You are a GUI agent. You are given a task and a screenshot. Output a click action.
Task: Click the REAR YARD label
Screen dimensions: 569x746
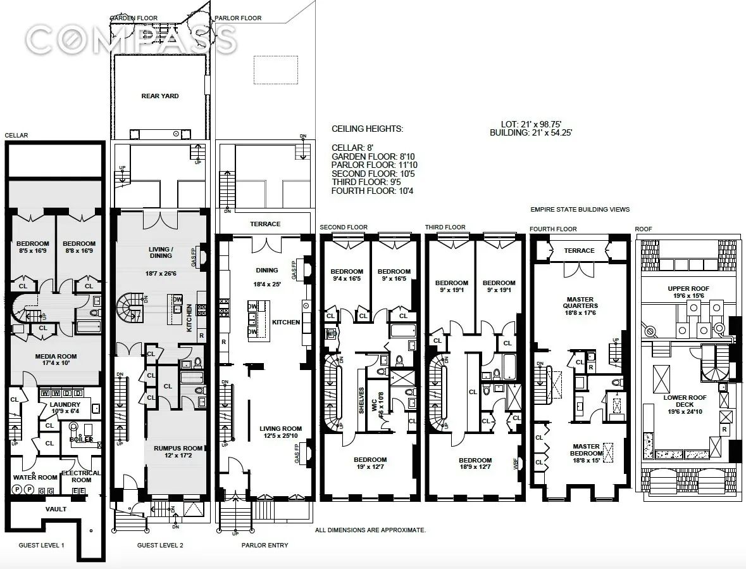point(159,96)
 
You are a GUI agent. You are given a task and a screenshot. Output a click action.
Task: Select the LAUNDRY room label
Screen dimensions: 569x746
point(65,404)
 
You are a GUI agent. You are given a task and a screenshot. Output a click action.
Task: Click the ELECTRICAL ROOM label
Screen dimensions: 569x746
point(81,476)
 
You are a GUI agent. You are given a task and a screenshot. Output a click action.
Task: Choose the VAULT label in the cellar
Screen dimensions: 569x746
point(56,509)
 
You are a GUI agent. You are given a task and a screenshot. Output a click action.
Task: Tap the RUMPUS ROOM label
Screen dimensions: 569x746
point(178,448)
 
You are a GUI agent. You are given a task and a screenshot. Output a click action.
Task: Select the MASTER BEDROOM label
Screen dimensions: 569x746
point(586,449)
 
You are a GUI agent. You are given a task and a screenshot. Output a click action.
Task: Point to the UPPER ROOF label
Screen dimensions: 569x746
point(688,288)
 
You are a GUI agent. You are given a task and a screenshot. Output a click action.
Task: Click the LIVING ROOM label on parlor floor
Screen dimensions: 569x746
point(280,429)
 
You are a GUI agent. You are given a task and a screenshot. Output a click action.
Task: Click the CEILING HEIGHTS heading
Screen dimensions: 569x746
point(367,129)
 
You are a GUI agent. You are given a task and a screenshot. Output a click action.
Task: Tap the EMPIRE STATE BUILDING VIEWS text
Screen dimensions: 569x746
point(580,210)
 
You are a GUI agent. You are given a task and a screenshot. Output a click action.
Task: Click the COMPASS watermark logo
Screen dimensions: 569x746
point(132,41)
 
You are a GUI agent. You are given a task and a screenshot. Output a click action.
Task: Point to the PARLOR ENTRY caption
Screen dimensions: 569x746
point(264,546)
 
